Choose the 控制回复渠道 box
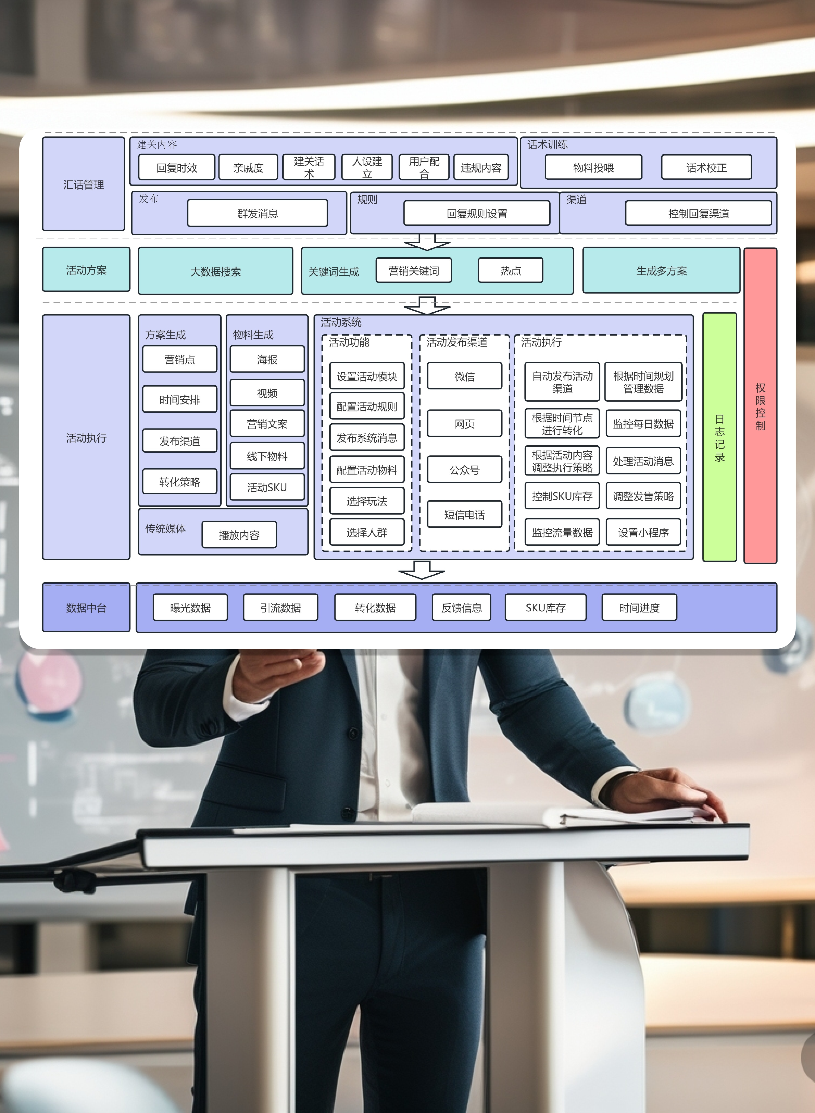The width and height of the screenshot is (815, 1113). [x=698, y=213]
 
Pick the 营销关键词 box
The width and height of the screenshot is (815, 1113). [x=413, y=270]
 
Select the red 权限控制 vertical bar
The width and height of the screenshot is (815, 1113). [x=760, y=405]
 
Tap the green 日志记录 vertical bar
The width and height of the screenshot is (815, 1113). [x=719, y=437]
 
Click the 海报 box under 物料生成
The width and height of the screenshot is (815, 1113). [x=267, y=359]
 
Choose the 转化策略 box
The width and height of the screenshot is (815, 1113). [x=180, y=482]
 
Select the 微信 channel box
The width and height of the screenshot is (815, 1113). [x=464, y=376]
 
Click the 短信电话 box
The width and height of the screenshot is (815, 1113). [x=464, y=515]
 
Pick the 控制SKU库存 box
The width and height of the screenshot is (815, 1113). [x=562, y=496]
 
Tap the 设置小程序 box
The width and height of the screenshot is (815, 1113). [x=643, y=532]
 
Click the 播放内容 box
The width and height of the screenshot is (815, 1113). [x=239, y=535]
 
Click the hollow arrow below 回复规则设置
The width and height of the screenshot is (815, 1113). [x=427, y=242]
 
